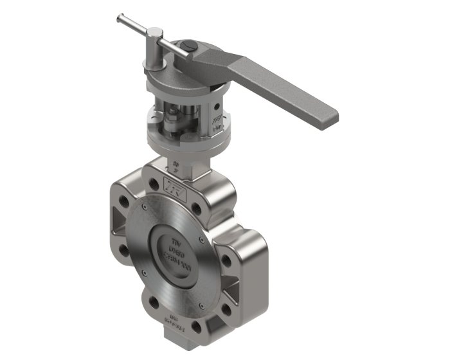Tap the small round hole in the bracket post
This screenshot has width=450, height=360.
[217, 106]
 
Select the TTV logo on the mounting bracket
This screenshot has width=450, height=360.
[214, 122]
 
